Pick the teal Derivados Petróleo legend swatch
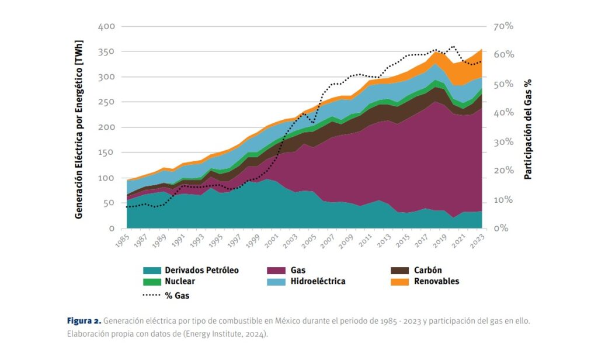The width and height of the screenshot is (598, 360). coord(152,271)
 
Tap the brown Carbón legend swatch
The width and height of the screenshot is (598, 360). coord(399,271)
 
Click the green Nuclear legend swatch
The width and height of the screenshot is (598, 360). coord(152,282)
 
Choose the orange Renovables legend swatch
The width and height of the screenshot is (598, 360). coord(399,282)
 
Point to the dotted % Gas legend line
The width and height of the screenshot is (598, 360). coord(152,295)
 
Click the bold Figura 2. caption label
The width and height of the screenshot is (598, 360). coord(85,321)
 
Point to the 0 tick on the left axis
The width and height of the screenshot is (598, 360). coord(112,229)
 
